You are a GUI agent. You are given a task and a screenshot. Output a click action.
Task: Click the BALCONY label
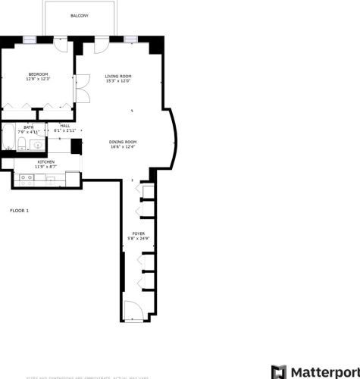click(x=79, y=15)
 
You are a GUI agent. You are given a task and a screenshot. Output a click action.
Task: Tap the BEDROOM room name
click(x=38, y=74)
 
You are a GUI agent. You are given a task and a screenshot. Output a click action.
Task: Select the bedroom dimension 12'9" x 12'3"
click(x=38, y=79)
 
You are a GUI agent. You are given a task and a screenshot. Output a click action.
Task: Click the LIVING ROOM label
click(x=118, y=76)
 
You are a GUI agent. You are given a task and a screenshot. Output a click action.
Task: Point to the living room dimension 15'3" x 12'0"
click(x=118, y=81)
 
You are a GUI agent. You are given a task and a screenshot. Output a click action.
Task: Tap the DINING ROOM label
click(x=123, y=142)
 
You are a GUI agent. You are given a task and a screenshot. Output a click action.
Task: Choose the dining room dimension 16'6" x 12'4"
click(x=123, y=147)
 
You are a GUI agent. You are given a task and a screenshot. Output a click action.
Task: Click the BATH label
click(x=28, y=127)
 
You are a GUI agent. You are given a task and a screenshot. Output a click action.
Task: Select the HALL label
click(x=65, y=126)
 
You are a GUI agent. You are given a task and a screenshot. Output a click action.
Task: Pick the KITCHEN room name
click(x=45, y=161)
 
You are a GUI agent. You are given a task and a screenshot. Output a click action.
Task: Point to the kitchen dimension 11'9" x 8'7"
click(x=45, y=167)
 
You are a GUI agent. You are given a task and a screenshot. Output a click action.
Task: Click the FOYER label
click(x=138, y=233)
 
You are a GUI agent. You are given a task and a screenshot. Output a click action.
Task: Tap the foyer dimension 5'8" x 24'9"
click(x=138, y=239)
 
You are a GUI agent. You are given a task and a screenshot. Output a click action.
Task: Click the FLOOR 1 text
click(x=19, y=210)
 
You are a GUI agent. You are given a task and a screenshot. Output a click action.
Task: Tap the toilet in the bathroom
click(x=23, y=144)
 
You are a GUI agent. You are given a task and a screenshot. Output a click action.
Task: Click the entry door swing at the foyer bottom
click(x=133, y=311)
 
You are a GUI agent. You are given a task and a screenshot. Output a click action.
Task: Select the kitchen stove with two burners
click(x=24, y=180)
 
